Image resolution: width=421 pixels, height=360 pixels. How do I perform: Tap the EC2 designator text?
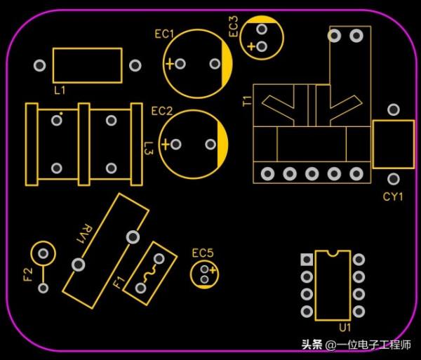pos(161,111)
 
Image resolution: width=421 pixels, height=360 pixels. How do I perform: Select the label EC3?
pos(234,27)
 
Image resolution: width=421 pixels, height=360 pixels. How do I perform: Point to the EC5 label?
pos(203,253)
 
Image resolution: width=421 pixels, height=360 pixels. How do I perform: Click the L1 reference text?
pos(60,91)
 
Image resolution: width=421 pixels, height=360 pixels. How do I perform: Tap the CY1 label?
pos(393,196)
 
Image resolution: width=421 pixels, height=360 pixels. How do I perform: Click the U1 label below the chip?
pos(345,328)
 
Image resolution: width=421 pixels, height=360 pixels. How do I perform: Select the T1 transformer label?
pos(246,100)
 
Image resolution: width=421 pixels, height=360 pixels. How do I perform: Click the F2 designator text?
pos(28,274)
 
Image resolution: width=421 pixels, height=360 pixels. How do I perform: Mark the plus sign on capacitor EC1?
pos(169,64)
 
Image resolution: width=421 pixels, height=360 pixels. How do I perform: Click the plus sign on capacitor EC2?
pos(165,145)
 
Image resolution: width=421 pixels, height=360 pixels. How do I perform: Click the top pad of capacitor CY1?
pos(394,109)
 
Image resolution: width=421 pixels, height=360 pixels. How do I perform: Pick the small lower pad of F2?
pos(44,288)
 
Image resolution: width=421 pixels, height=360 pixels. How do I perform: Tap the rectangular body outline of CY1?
pos(393,144)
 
